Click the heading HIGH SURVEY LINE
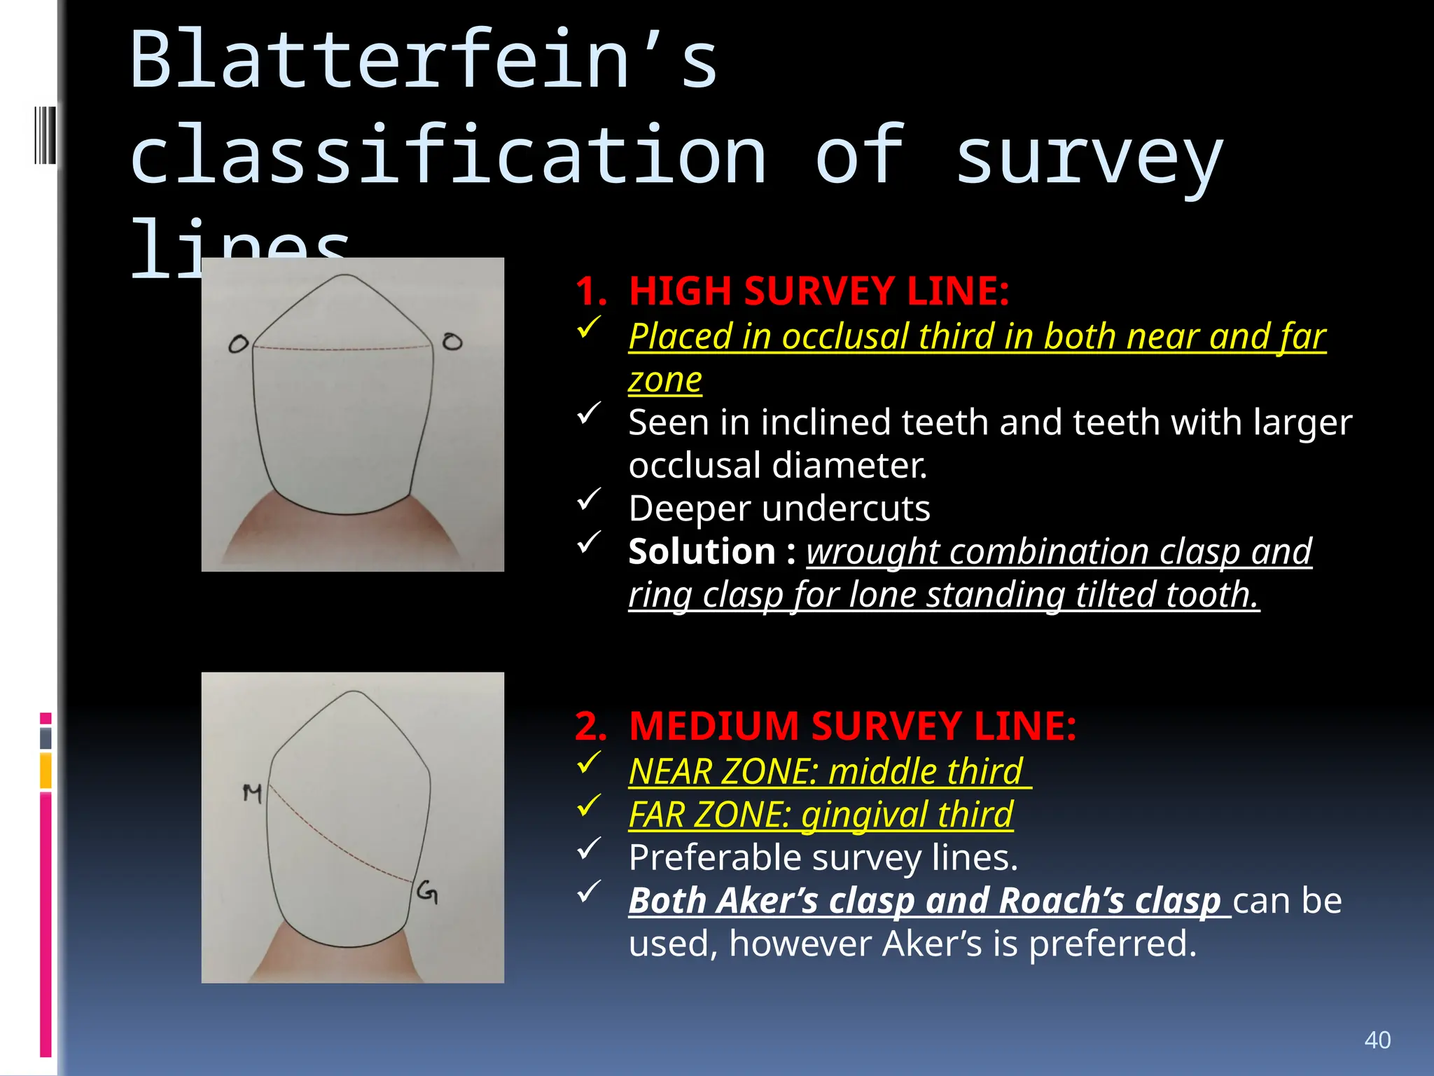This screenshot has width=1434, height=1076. [x=819, y=291]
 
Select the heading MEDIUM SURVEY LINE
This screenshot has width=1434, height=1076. [x=852, y=726]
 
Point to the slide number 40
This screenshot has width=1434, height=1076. [x=1377, y=1040]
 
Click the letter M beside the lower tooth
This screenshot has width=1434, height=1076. [x=252, y=793]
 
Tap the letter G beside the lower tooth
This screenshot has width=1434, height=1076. [x=427, y=892]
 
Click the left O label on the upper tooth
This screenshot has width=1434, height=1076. [x=239, y=344]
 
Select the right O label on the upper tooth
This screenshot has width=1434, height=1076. [x=452, y=342]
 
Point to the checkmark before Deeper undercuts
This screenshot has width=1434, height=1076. [x=589, y=499]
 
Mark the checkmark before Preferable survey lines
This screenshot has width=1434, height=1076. [x=589, y=848]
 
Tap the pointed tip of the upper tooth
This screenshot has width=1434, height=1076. [x=345, y=277]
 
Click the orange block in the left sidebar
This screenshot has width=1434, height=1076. [x=46, y=770]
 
